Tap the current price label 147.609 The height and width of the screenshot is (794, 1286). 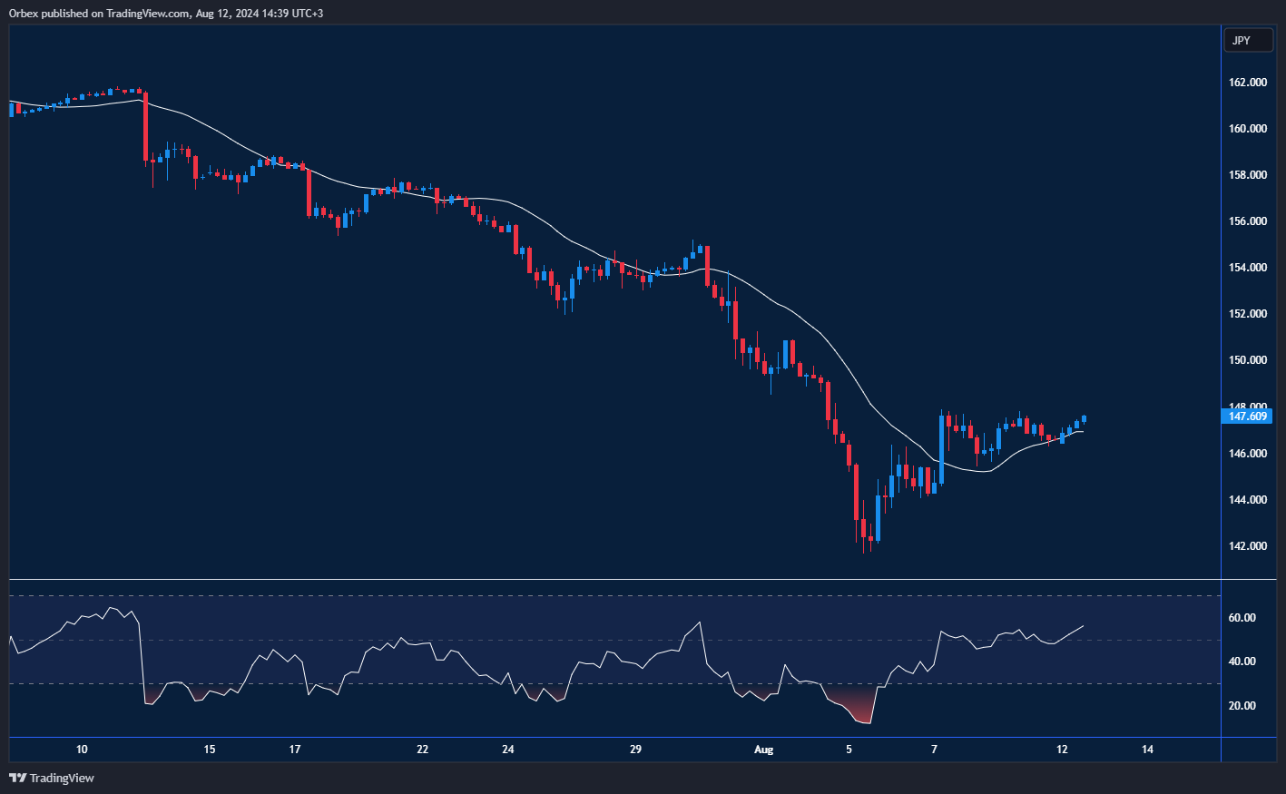pyautogui.click(x=1247, y=417)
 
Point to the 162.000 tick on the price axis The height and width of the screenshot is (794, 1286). pyautogui.click(x=1247, y=83)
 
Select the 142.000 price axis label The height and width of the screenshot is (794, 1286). pyautogui.click(x=1247, y=546)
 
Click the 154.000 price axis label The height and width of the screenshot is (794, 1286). pyautogui.click(x=1247, y=268)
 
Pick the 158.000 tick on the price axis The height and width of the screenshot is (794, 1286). pyautogui.click(x=1247, y=175)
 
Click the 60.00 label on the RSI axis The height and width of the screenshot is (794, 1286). pyautogui.click(x=1242, y=618)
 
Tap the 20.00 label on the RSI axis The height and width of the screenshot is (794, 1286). pyautogui.click(x=1242, y=706)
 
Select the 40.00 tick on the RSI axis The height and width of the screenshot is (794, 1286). pyautogui.click(x=1242, y=662)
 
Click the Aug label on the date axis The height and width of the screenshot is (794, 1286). pyautogui.click(x=764, y=750)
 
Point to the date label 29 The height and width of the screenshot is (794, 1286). pyautogui.click(x=635, y=750)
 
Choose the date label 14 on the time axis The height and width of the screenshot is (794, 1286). pyautogui.click(x=1148, y=750)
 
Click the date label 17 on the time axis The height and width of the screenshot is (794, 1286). pyautogui.click(x=295, y=750)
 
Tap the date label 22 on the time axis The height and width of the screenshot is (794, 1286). pyautogui.click(x=422, y=750)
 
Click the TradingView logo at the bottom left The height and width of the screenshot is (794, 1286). pyautogui.click(x=52, y=778)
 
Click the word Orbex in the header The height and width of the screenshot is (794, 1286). pyautogui.click(x=24, y=14)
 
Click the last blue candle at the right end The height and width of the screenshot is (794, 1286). pyautogui.click(x=1085, y=419)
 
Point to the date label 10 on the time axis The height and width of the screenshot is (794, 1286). pyautogui.click(x=82, y=750)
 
